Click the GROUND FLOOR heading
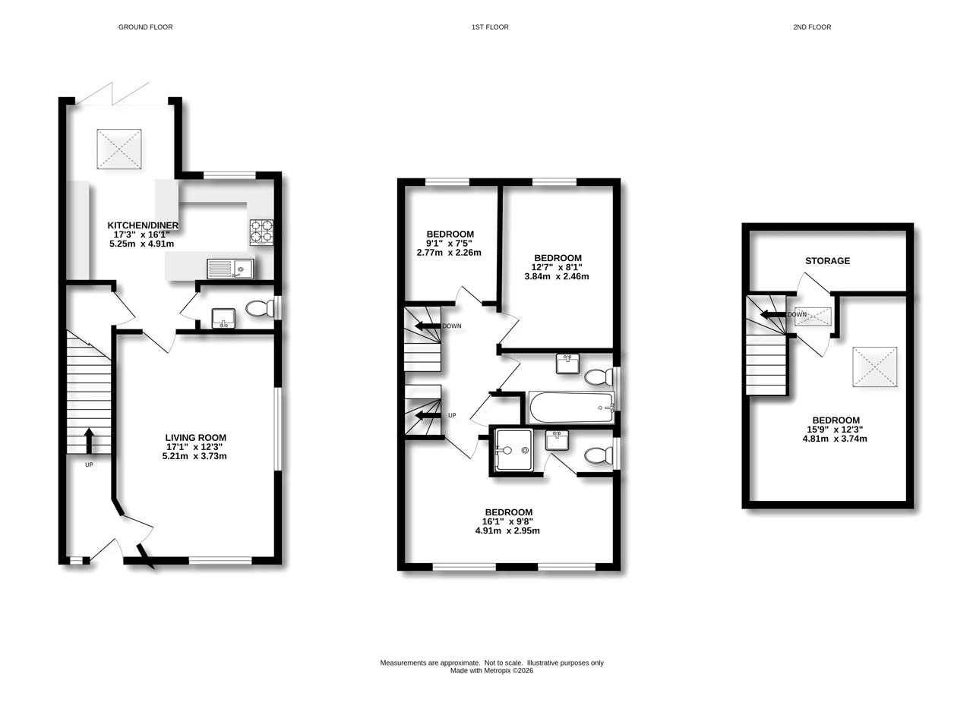coord(145,27)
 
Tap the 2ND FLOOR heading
coord(812,27)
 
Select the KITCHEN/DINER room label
coord(143,225)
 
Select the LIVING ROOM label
coord(195,438)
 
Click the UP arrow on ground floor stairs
coord(89,439)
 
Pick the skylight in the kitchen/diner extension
coord(119,148)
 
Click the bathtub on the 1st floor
coord(570,408)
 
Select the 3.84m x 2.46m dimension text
coord(557,277)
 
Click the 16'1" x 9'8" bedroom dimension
coord(507,521)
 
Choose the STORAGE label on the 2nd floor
coord(827,261)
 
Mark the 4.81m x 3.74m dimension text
coord(836,439)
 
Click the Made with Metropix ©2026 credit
coord(491,671)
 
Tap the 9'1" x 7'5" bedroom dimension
coord(450,243)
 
